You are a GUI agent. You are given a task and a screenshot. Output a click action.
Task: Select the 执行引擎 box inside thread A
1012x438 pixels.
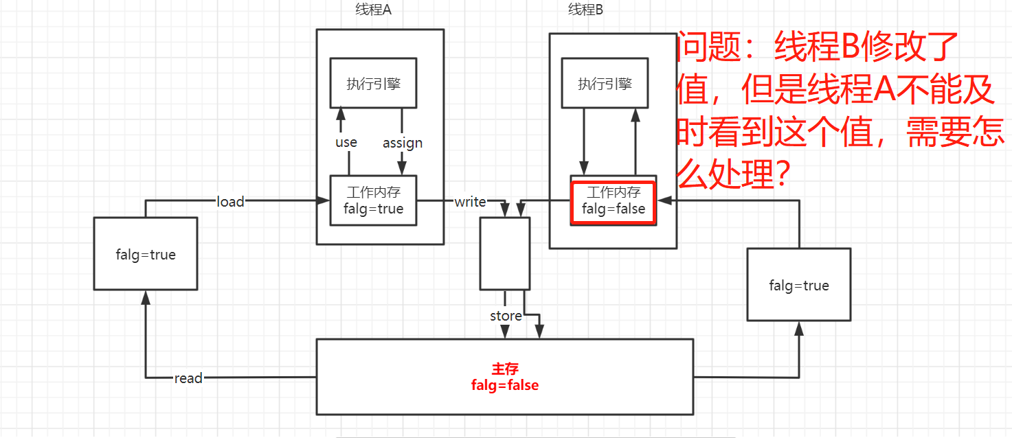coord(373,84)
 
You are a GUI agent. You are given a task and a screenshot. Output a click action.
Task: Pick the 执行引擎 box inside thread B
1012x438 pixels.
coord(605,84)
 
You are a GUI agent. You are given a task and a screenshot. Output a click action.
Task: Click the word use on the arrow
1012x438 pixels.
coord(346,142)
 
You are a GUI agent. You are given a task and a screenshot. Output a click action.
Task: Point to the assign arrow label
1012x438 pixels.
coord(403,143)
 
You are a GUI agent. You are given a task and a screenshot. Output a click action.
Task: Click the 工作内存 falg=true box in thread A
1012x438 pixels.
coord(373,200)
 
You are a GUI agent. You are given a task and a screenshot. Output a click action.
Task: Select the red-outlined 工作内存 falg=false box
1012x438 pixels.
coord(614,200)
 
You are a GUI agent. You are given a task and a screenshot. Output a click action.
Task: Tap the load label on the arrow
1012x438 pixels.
coord(230,201)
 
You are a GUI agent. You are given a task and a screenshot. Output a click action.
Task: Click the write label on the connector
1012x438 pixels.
coord(470,201)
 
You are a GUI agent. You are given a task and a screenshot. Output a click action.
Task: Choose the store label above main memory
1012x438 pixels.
coord(506,316)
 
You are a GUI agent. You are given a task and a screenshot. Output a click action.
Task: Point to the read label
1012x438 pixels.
coord(188,378)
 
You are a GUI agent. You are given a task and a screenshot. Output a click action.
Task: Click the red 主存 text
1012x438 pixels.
coord(505,369)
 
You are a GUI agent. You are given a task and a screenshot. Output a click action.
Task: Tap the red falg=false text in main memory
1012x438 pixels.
coord(505,385)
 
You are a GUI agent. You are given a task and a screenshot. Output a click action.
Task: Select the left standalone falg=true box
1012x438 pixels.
coord(146,254)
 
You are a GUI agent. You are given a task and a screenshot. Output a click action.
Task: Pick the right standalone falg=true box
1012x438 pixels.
coord(799,285)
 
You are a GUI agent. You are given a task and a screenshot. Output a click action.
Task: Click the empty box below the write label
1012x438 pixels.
coord(505,253)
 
